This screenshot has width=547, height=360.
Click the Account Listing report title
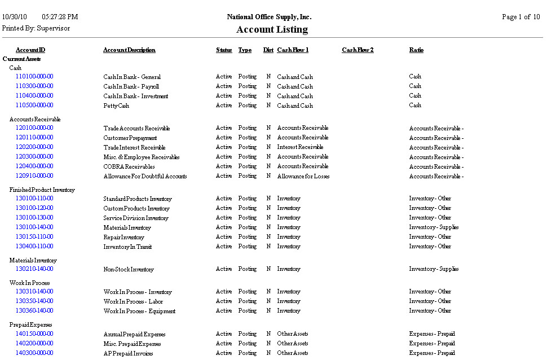click(x=272, y=29)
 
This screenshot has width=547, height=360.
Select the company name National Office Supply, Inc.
click(x=269, y=17)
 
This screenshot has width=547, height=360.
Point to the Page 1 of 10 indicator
click(x=520, y=17)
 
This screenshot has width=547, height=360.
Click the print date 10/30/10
click(x=15, y=17)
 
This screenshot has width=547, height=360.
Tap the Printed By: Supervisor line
click(x=36, y=28)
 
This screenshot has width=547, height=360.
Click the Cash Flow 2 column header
click(x=358, y=50)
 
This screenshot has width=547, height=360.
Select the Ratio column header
click(x=416, y=50)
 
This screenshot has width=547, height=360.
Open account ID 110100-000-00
click(x=34, y=77)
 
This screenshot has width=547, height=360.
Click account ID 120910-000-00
click(x=34, y=176)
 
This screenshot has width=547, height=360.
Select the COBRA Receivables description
click(x=129, y=166)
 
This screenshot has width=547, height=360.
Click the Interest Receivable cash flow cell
click(x=300, y=147)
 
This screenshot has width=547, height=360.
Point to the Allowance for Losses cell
click(x=303, y=176)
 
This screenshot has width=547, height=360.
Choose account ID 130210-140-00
click(x=34, y=269)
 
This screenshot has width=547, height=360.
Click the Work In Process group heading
click(x=29, y=283)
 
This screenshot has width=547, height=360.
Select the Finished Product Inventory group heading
click(x=42, y=190)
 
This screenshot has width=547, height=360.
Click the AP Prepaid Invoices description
click(x=129, y=353)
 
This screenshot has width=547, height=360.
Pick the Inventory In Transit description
click(x=127, y=247)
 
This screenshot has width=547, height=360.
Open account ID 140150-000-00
click(x=34, y=334)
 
